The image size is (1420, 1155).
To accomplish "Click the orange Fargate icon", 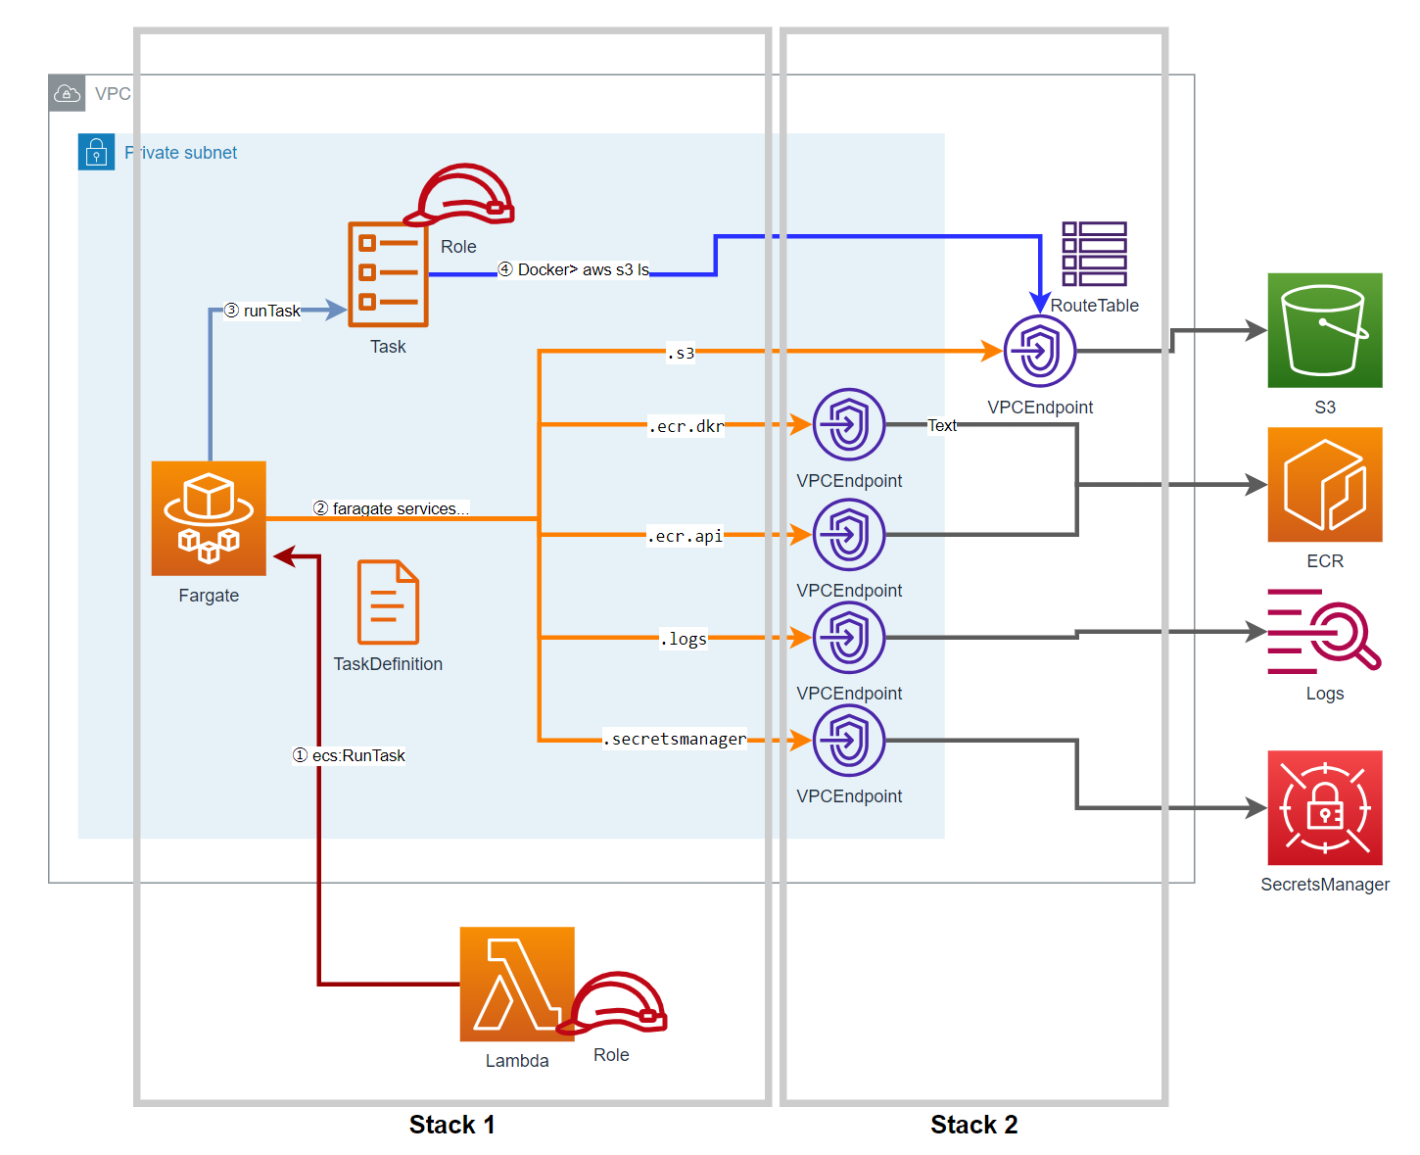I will click(209, 518).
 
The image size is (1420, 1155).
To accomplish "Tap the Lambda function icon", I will click(517, 984).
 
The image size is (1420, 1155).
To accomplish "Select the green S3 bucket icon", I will click(1324, 330).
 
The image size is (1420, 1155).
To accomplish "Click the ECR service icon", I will click(1324, 484).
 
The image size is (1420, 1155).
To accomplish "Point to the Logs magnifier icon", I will click(1324, 632).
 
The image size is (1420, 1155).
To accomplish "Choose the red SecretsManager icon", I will click(1324, 807).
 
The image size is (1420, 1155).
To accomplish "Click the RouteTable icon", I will click(1094, 254).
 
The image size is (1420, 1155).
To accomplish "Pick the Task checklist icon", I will click(388, 274).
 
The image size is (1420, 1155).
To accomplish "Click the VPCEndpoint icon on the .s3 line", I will click(1040, 351).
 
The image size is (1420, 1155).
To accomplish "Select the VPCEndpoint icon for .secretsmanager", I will click(849, 741).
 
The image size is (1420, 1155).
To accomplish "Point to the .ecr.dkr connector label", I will click(686, 426).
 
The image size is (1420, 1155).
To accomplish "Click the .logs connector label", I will click(685, 639).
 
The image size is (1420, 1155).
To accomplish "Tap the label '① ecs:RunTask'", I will click(350, 755).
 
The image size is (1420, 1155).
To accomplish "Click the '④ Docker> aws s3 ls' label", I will click(574, 269).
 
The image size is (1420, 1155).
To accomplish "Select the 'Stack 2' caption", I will click(973, 1125).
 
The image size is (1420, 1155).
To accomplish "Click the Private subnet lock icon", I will click(96, 152).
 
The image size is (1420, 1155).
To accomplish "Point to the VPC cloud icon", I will click(67, 93).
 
